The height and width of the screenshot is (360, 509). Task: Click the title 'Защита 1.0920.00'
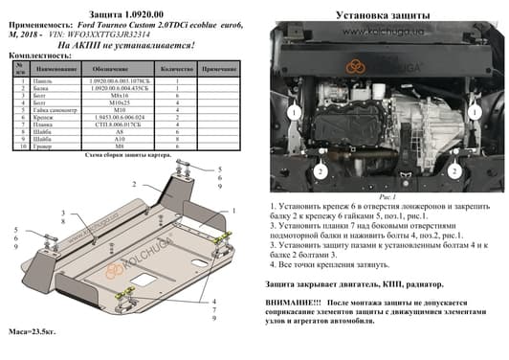(x=128, y=11)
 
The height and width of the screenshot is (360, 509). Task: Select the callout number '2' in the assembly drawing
(x=135, y=183)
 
